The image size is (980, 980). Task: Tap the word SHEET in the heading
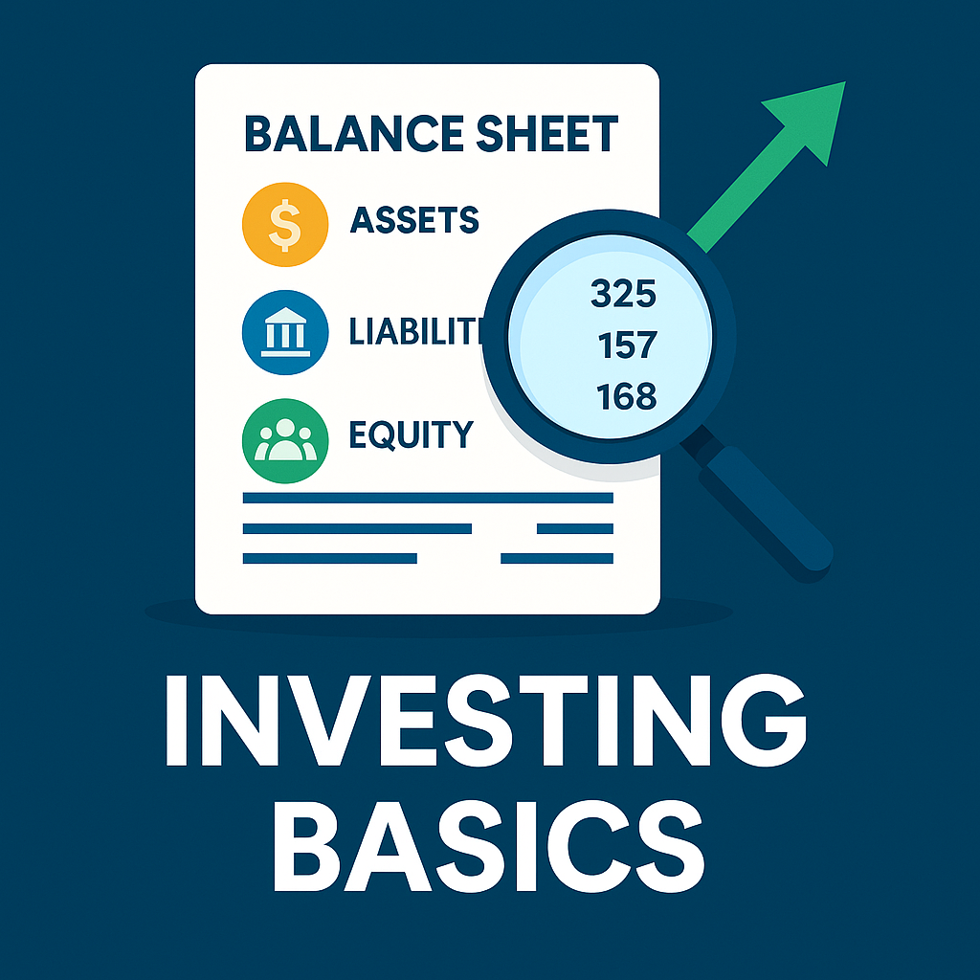pyautogui.click(x=547, y=134)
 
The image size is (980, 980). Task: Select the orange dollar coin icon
pyautogui.click(x=285, y=225)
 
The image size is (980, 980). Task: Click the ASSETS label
pyautogui.click(x=414, y=220)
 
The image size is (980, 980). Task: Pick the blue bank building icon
pyautogui.click(x=285, y=332)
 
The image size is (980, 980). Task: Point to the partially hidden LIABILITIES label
pyautogui.click(x=416, y=331)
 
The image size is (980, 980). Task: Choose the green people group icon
pyautogui.click(x=285, y=440)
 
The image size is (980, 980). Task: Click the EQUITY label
pyautogui.click(x=412, y=435)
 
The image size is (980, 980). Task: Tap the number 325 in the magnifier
pyautogui.click(x=623, y=294)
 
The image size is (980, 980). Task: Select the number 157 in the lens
pyautogui.click(x=628, y=345)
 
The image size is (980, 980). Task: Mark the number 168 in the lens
pyautogui.click(x=626, y=396)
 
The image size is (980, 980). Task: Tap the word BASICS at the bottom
pyautogui.click(x=489, y=846)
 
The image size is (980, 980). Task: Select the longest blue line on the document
pyautogui.click(x=428, y=498)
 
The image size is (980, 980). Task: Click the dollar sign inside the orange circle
pyautogui.click(x=285, y=225)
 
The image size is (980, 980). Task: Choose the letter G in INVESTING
pyautogui.click(x=764, y=720)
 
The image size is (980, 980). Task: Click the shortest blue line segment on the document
pyautogui.click(x=575, y=528)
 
